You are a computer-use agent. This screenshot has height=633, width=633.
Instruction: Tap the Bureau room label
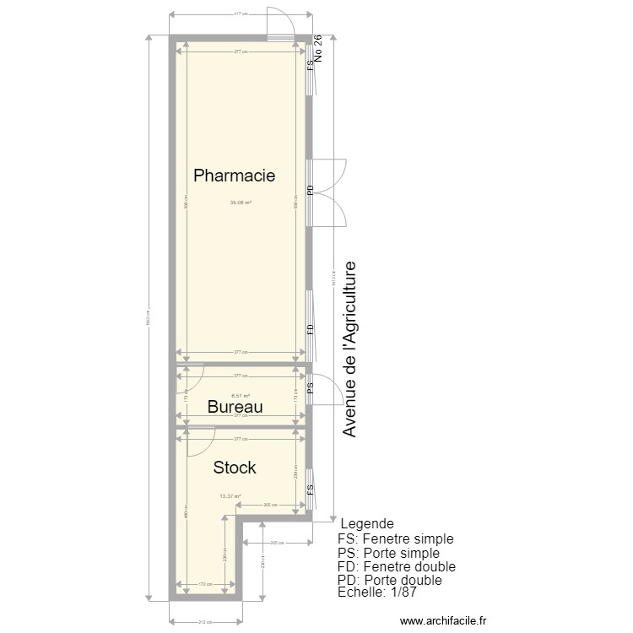(x=235, y=407)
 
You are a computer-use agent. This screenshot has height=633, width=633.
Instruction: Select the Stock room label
(x=235, y=468)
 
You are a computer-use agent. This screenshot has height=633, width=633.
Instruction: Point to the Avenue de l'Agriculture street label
(x=350, y=349)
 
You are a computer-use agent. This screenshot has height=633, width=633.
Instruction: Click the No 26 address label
(x=318, y=52)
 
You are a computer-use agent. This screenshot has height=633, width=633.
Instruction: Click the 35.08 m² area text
(x=241, y=202)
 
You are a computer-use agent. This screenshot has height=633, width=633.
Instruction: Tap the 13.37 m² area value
(x=230, y=496)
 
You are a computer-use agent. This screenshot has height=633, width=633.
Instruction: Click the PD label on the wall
(x=311, y=191)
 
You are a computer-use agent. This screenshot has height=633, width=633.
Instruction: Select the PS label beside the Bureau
(x=311, y=387)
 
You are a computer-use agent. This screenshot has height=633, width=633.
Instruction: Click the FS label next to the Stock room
(x=311, y=489)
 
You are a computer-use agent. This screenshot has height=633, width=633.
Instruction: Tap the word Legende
(x=366, y=524)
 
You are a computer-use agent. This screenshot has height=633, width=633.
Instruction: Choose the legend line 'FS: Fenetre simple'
(x=395, y=538)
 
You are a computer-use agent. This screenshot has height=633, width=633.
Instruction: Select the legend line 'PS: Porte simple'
(x=388, y=553)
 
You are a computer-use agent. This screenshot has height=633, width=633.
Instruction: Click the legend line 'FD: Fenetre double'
(x=396, y=566)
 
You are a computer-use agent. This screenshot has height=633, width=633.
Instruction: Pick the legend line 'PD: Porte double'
(x=389, y=581)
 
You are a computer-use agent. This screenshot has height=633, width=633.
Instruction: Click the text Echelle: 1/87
(x=377, y=593)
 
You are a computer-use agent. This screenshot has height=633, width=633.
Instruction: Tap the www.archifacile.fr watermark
(x=443, y=620)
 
